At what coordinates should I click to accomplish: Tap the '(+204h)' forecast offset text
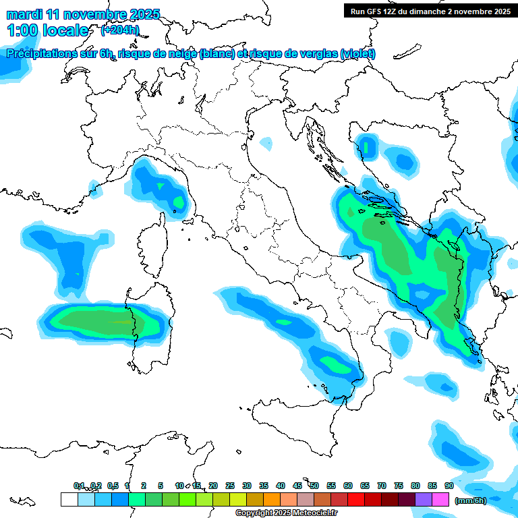[119, 30]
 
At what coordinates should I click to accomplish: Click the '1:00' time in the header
[22, 30]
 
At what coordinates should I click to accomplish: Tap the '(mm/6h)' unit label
[471, 500]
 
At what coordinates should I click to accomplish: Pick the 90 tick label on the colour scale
[449, 486]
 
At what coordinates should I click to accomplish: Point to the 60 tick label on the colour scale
[348, 486]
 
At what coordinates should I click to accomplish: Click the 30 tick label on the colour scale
[247, 486]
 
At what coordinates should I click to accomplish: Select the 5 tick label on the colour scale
[161, 486]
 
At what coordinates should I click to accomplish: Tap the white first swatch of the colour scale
[69, 499]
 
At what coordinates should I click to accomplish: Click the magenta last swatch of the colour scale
[440, 499]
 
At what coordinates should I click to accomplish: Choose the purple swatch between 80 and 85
[424, 499]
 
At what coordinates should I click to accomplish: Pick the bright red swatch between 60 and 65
[356, 499]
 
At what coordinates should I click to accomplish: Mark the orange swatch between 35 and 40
[272, 499]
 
